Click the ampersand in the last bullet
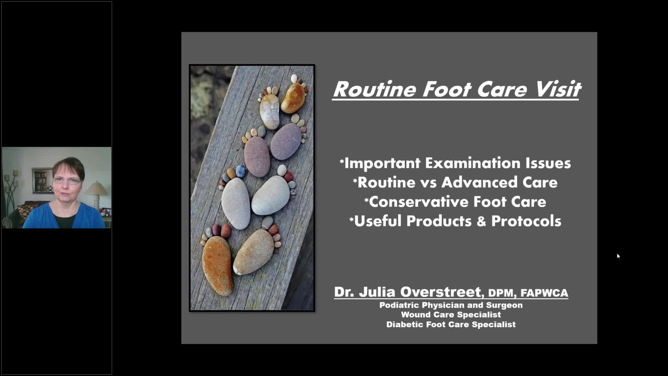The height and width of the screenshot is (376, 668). pyautogui.click(x=481, y=221)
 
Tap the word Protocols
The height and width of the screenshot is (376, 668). pyautogui.click(x=526, y=221)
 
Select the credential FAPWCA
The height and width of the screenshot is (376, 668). pyautogui.click(x=544, y=293)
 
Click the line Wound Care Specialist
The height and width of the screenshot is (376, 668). pyautogui.click(x=451, y=315)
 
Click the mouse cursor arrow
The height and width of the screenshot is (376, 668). pyautogui.click(x=618, y=256)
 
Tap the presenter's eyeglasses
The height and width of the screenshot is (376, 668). pyautogui.click(x=67, y=181)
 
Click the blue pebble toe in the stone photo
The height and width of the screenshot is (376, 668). pyautogui.click(x=240, y=171)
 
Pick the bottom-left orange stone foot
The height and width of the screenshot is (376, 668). pyautogui.click(x=217, y=265)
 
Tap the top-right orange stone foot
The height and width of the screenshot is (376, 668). pyautogui.click(x=293, y=97)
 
